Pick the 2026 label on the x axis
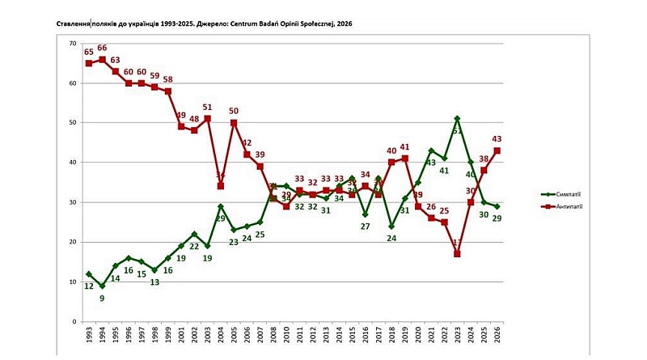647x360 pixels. pyautogui.click(x=497, y=337)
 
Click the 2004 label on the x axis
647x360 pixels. pyautogui.click(x=221, y=337)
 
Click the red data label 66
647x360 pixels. pyautogui.click(x=102, y=49)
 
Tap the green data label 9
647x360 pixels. pyautogui.click(x=102, y=299)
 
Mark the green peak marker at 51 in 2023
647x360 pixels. pyautogui.click(x=458, y=119)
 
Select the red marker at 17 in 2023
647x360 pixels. pyautogui.click(x=458, y=254)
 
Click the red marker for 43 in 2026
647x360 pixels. pyautogui.click(x=497, y=150)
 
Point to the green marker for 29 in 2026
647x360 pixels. pyautogui.click(x=497, y=206)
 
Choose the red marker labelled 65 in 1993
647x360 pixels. pyautogui.click(x=89, y=63)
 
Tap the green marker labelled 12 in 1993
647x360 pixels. pyautogui.click(x=89, y=274)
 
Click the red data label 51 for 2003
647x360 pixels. pyautogui.click(x=207, y=108)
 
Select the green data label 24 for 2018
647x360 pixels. pyautogui.click(x=391, y=239)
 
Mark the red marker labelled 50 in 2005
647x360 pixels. pyautogui.click(x=234, y=123)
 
